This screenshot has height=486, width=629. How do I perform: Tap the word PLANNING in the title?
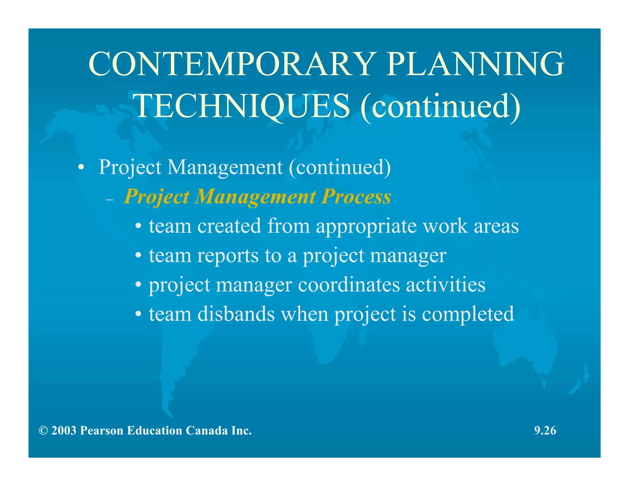tap(475, 64)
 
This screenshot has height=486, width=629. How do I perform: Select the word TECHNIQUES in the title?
tap(243, 106)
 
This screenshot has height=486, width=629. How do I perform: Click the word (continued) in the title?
tap(440, 106)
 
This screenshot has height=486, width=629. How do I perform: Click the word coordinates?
tap(349, 285)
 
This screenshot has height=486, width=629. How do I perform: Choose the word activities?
tap(446, 285)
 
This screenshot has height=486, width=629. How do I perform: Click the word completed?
tap(468, 315)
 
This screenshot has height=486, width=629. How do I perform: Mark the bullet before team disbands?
tap(139, 315)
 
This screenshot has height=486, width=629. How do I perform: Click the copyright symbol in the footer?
tap(43, 431)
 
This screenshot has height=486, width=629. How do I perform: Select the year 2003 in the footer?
tap(64, 431)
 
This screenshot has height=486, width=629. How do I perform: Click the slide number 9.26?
tap(545, 431)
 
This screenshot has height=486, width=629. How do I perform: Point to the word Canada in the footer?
tap(207, 431)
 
